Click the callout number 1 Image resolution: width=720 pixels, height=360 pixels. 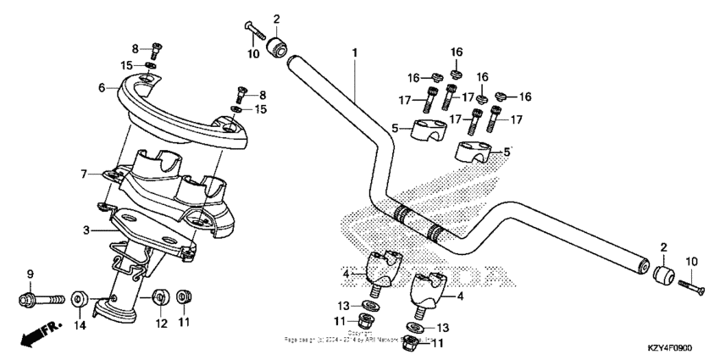355,53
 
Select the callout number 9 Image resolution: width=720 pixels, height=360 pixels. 30,274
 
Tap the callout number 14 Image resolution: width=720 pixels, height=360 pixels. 79,324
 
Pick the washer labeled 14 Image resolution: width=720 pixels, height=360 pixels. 79,299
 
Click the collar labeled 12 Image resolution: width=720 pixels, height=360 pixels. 158,298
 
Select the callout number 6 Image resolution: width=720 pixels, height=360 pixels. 102,86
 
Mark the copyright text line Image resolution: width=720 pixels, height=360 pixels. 360,340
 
